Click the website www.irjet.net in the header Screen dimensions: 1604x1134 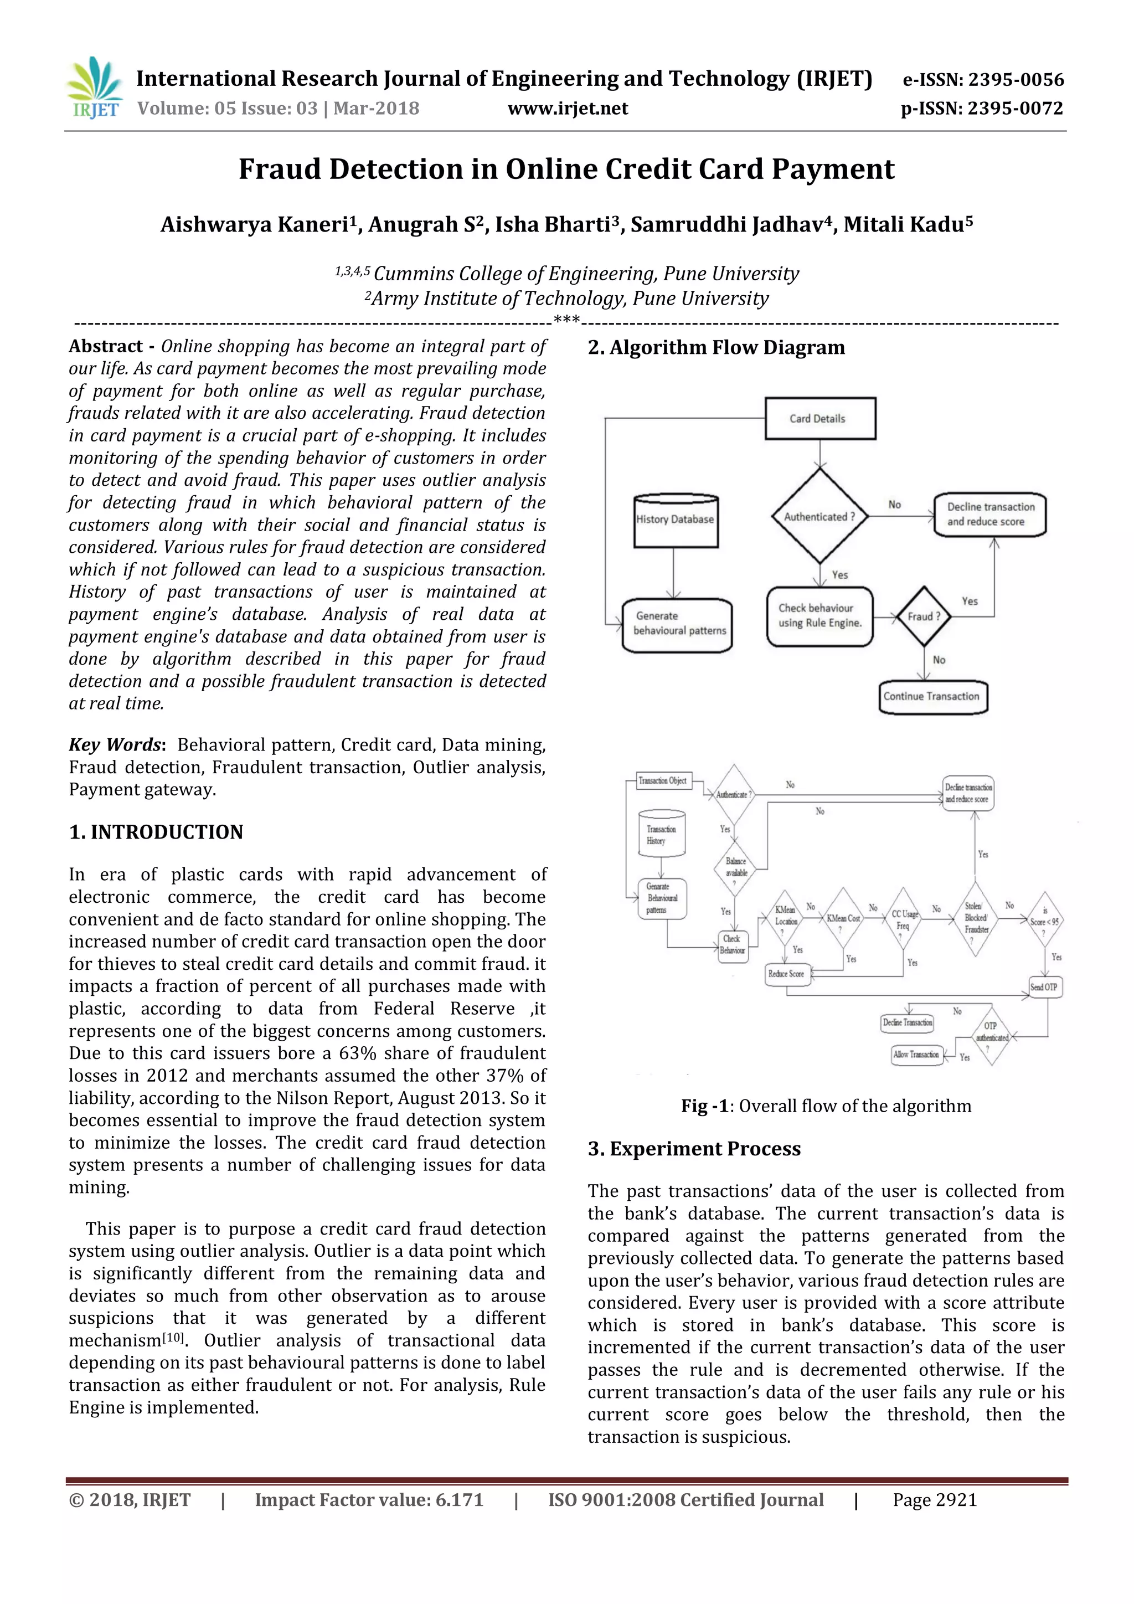[x=567, y=109]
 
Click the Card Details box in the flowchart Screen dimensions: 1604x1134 [x=820, y=419]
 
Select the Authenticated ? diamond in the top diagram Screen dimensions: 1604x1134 [x=819, y=516]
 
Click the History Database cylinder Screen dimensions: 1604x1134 [x=675, y=521]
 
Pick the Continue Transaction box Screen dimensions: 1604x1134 [x=932, y=697]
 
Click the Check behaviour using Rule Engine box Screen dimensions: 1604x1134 [x=820, y=615]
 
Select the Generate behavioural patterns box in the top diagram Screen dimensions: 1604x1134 [x=677, y=624]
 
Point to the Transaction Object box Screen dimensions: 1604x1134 [x=663, y=781]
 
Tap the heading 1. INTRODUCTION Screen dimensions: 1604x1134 [x=156, y=832]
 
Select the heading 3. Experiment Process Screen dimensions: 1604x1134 [x=694, y=1149]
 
